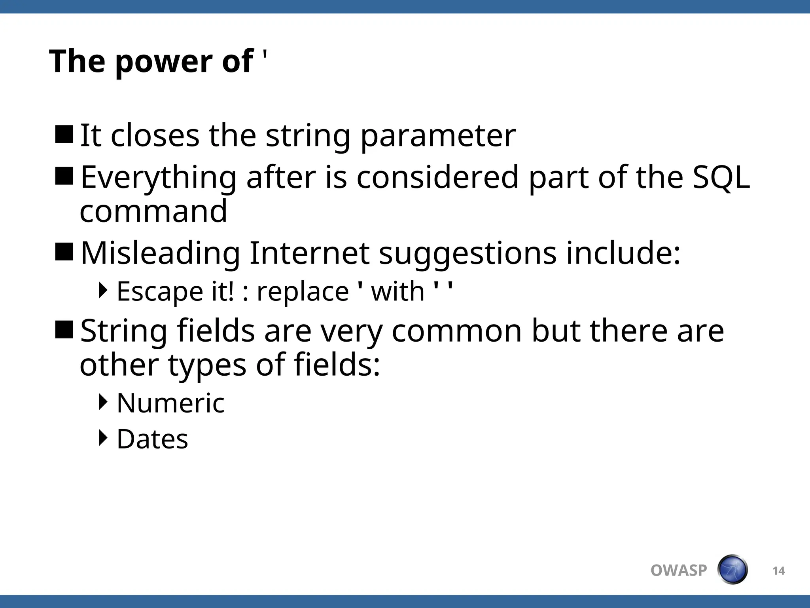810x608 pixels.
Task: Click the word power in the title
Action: pyautogui.click(x=164, y=62)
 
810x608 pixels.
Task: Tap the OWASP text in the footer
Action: pyautogui.click(x=678, y=570)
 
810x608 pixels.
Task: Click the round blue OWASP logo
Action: pyautogui.click(x=732, y=570)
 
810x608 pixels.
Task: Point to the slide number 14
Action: pyautogui.click(x=778, y=571)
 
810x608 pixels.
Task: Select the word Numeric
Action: pyautogui.click(x=170, y=403)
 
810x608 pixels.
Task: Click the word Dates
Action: pyautogui.click(x=152, y=439)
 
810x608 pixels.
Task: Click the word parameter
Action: pyautogui.click(x=438, y=137)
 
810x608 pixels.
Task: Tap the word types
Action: pyautogui.click(x=207, y=365)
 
